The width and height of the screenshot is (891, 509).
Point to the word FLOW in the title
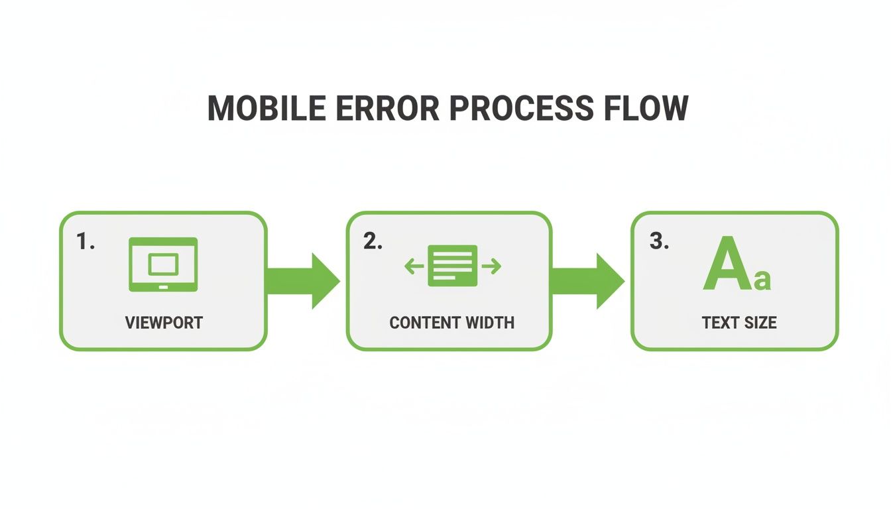[647, 108]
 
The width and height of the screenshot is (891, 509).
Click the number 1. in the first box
[86, 242]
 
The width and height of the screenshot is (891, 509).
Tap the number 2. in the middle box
[373, 242]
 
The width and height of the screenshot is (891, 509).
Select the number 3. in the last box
[659, 242]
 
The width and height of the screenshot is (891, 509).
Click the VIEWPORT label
[164, 323]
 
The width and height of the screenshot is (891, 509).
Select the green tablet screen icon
[162, 264]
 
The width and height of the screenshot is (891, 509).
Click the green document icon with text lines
[453, 266]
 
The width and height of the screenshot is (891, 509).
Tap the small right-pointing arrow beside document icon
[492, 266]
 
